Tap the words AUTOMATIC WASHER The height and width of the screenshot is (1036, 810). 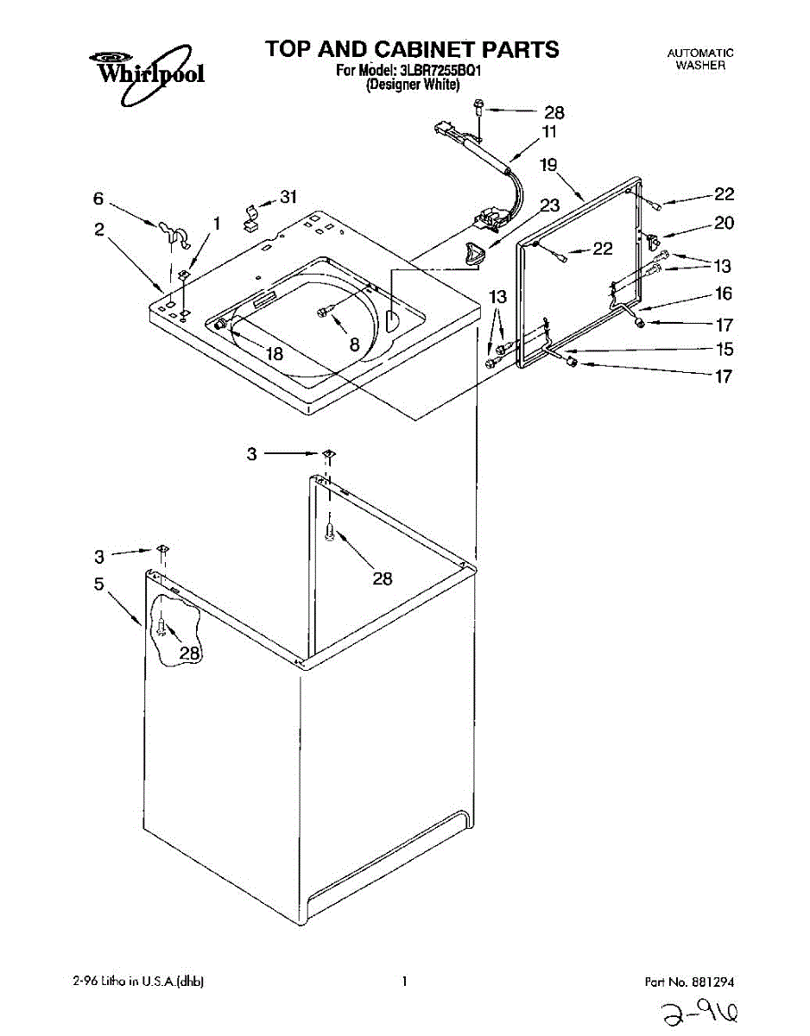coord(700,59)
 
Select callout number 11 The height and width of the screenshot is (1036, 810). coord(549,132)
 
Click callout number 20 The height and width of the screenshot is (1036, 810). coord(723,224)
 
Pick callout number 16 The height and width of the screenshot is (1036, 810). coord(723,294)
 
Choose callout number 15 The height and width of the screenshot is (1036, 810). coord(723,350)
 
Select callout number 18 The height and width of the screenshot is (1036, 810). coord(275,352)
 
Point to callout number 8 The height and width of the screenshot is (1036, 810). coord(354,341)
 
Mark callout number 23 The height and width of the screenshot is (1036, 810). coord(549,205)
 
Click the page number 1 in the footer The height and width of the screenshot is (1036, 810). coord(404,981)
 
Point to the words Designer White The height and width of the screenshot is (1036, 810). coord(412,85)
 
